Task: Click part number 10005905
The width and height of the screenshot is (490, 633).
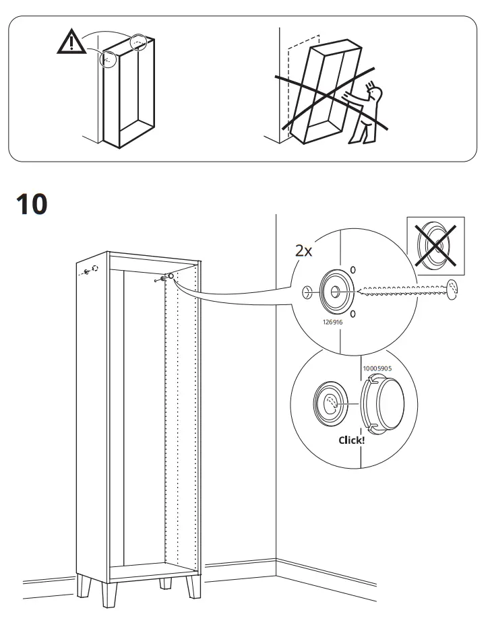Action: pos(381,369)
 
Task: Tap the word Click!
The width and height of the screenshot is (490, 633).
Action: pos(351,440)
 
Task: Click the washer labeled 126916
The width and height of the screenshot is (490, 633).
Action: pos(335,291)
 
